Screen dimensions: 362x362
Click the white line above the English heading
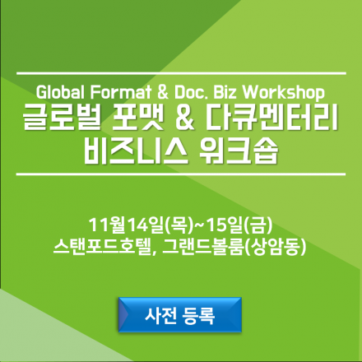click(x=181, y=71)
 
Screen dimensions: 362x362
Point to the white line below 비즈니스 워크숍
click(x=181, y=175)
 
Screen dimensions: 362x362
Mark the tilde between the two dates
click(x=193, y=223)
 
